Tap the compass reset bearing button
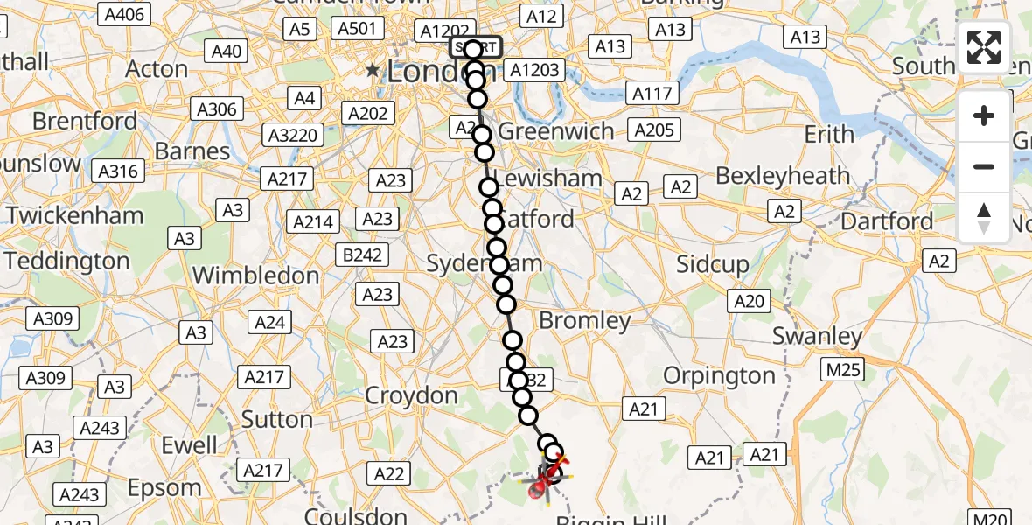tap(984, 217)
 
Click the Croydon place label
tap(411, 395)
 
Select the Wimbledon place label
tap(255, 276)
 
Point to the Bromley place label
tap(585, 320)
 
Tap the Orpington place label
tap(719, 376)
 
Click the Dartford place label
tap(887, 220)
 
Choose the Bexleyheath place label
tap(783, 176)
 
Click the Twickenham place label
tap(75, 215)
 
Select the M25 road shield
tap(844, 370)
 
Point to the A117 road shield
tap(652, 93)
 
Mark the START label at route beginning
tap(476, 46)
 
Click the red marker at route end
tap(540, 489)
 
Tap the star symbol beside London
tap(374, 70)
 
